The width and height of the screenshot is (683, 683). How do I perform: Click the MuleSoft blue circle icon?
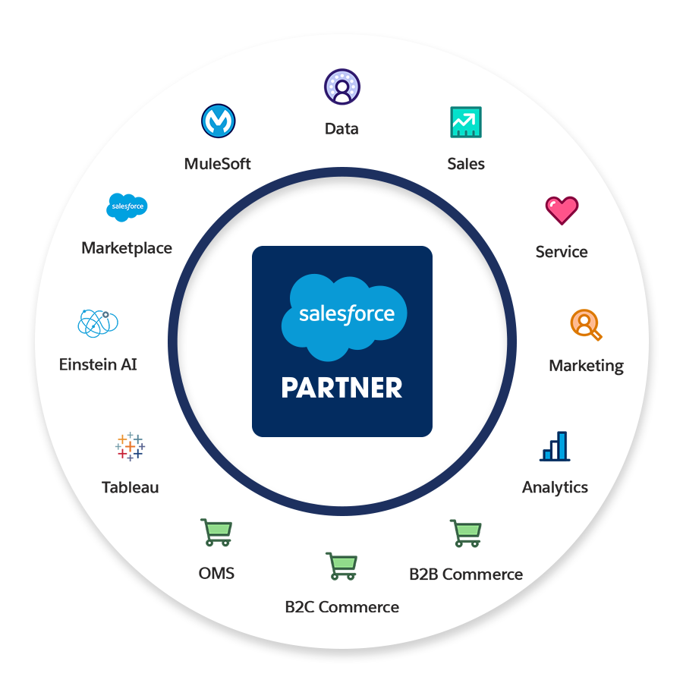click(219, 121)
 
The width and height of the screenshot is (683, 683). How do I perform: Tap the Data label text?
click(341, 129)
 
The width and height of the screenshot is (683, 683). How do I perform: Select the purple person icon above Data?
click(342, 87)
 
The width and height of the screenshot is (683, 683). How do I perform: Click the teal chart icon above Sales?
click(465, 121)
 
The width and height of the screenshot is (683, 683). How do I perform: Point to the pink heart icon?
click(562, 210)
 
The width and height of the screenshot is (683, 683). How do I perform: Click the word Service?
click(562, 252)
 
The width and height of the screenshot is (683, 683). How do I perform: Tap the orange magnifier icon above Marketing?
click(585, 324)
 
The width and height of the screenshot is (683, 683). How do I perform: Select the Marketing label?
click(586, 366)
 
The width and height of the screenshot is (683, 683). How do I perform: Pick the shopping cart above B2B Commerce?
click(465, 533)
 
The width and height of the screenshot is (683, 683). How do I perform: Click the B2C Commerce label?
click(341, 607)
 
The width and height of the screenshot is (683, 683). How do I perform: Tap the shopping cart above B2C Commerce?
click(341, 566)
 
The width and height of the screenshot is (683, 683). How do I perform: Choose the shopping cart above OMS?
click(216, 533)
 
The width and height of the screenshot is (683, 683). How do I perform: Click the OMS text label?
click(216, 574)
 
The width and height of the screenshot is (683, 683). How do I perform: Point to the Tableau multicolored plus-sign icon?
click(131, 446)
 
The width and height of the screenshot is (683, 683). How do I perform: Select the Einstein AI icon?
click(99, 323)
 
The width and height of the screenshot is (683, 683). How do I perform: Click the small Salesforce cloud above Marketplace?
click(127, 207)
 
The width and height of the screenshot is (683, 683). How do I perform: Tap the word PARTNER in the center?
click(341, 388)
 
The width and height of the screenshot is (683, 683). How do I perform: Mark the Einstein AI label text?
click(98, 364)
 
